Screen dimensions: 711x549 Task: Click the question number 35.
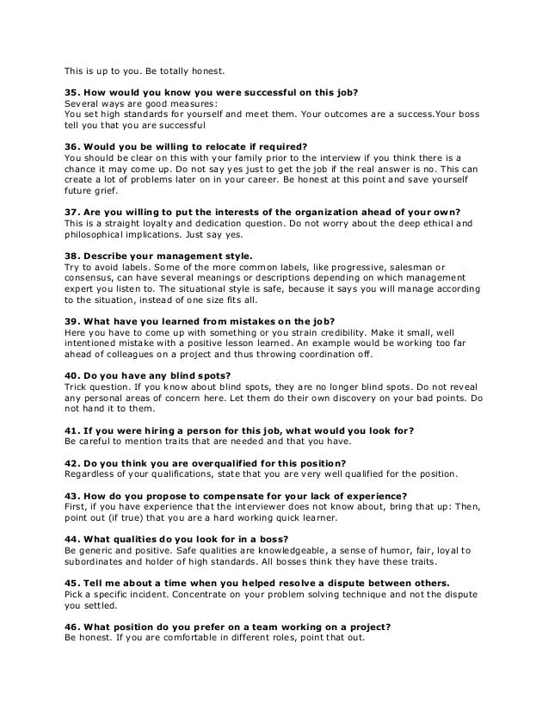(x=74, y=90)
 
